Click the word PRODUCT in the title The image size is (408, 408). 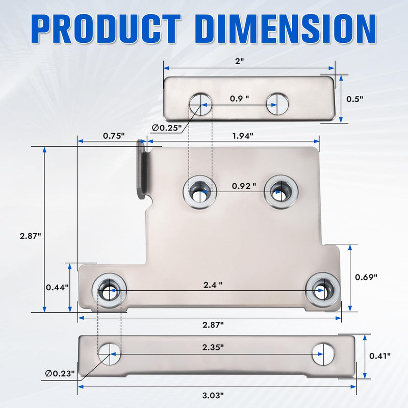106,29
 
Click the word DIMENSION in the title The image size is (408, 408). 286,29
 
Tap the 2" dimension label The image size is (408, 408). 239,61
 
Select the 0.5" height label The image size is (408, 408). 354,99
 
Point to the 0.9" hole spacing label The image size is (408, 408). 239,98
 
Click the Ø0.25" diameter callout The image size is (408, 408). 167,128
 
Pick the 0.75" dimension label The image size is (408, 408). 114,136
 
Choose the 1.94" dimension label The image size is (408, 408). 243,136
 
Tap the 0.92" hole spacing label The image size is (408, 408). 244,186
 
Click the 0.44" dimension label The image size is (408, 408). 57,288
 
